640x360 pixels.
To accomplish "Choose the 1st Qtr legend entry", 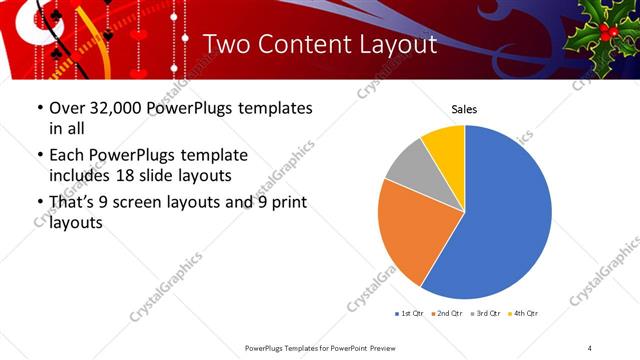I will [x=411, y=314].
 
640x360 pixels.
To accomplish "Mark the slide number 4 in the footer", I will [x=590, y=348].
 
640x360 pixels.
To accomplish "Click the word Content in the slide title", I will [x=305, y=44].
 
